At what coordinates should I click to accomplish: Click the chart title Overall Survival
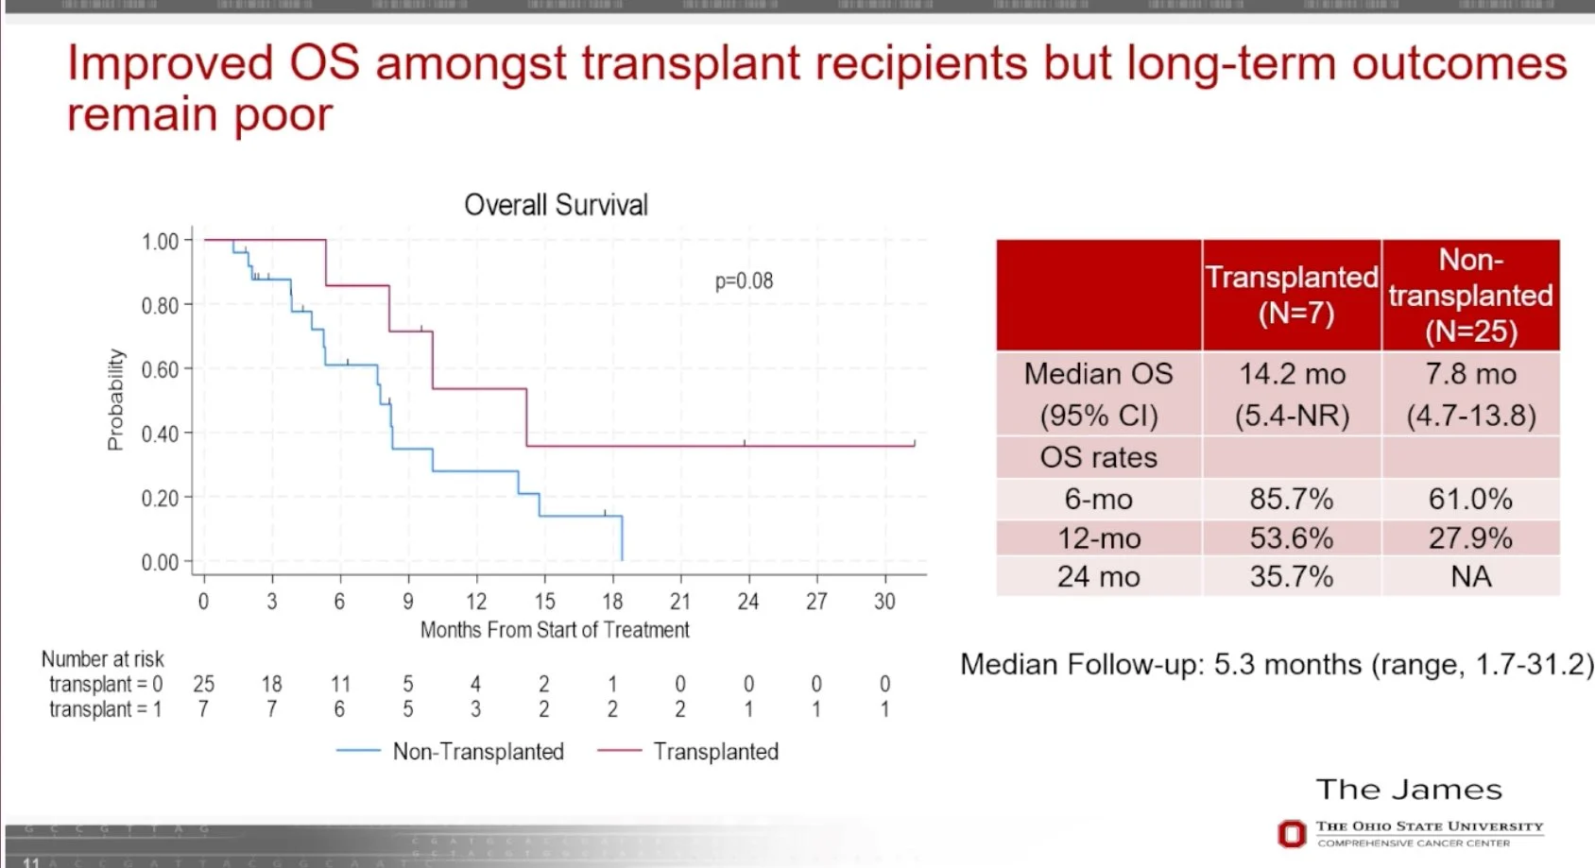556,205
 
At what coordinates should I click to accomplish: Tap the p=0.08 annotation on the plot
744,281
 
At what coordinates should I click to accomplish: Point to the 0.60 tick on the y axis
160,369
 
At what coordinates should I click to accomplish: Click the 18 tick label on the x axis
612,602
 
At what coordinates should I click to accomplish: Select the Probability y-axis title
115,400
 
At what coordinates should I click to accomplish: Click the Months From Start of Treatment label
555,630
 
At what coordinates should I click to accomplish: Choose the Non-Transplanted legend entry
477,752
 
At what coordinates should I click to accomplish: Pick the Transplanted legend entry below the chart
715,752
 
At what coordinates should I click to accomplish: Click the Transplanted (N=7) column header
1292,295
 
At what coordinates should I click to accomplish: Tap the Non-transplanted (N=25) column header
1470,295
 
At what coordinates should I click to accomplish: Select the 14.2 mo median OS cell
1292,374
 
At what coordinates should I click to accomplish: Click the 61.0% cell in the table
1470,499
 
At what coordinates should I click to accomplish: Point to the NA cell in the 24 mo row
1470,576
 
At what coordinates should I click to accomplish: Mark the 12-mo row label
1098,538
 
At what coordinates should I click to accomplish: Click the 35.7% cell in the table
1292,576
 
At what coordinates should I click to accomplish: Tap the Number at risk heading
102,659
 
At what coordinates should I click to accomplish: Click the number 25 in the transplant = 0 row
203,684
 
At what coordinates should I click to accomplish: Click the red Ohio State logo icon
1291,834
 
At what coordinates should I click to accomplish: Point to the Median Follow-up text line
1276,664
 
